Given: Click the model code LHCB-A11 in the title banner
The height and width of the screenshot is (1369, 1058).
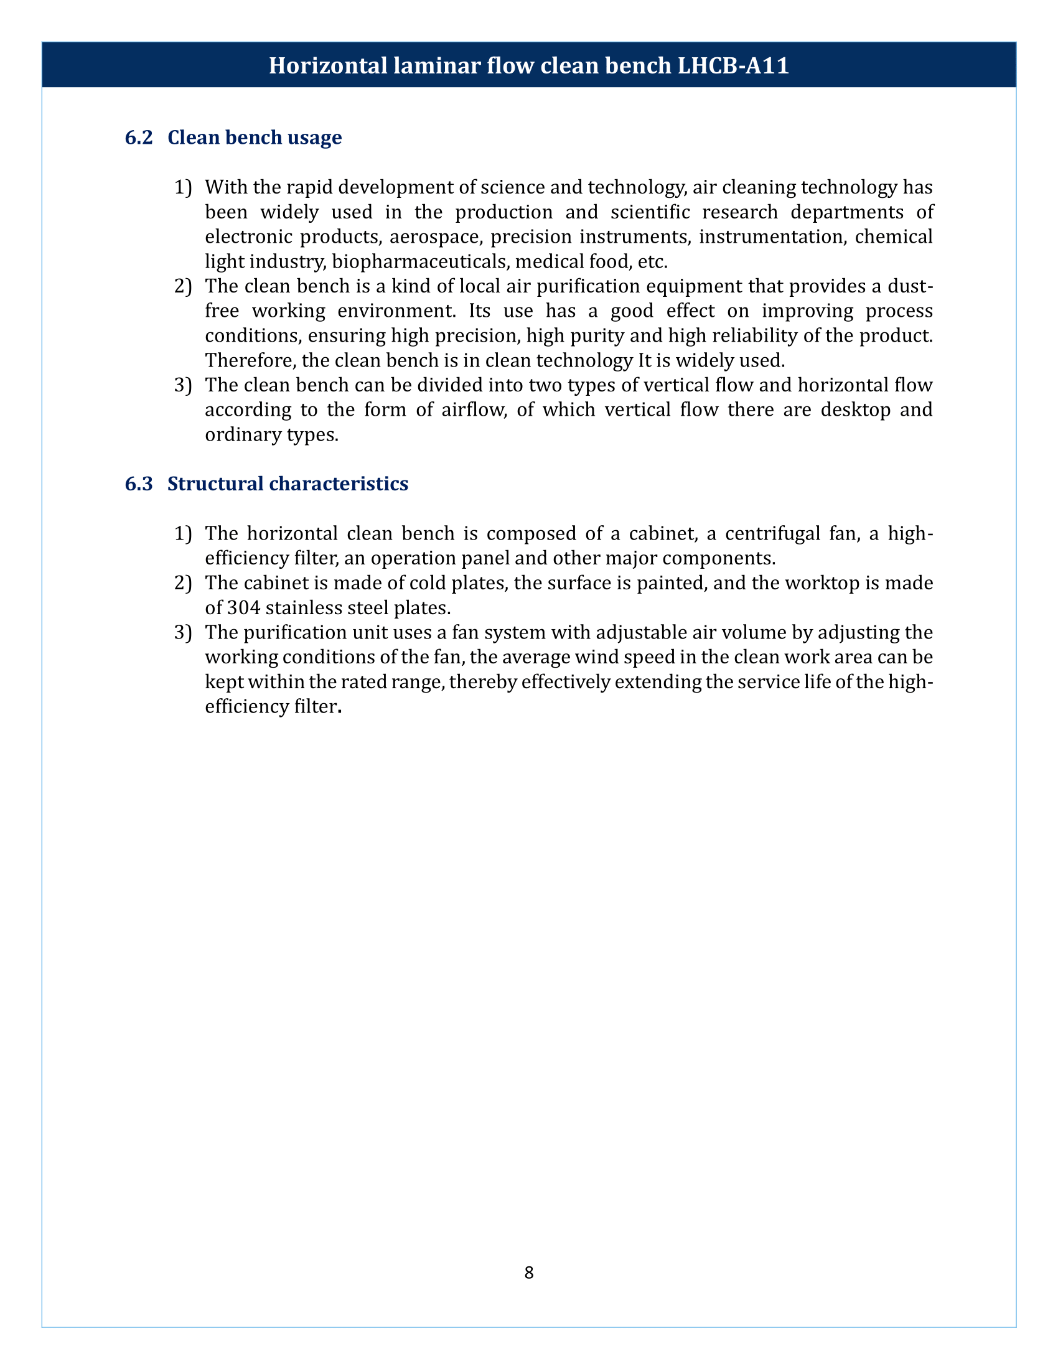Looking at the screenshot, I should (x=733, y=65).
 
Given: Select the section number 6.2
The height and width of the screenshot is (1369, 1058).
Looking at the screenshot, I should (x=139, y=138).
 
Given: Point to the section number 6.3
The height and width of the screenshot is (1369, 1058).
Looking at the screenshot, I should (x=139, y=484).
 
